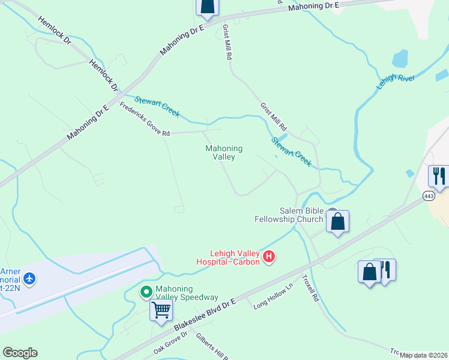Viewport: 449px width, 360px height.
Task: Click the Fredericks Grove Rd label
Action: pos(145,119)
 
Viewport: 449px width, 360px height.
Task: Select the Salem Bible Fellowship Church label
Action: pos(301,215)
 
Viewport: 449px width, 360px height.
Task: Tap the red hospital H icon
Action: pos(270,257)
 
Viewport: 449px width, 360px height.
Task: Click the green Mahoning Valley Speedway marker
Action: pos(146,292)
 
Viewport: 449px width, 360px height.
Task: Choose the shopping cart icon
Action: pos(161,310)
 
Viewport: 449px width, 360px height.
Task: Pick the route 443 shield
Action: pos(429,196)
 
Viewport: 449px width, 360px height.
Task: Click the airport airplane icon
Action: pos(30,278)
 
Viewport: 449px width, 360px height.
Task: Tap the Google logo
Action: pos(20,353)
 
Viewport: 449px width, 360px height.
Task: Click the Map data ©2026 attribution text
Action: pos(423,355)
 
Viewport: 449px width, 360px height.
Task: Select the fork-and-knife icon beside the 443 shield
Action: pos(439,176)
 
